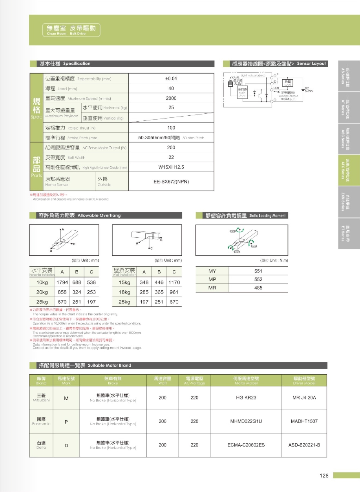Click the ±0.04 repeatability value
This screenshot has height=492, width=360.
tap(171, 78)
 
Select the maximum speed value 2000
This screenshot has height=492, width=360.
tap(171, 98)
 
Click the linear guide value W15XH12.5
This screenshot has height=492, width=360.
tap(171, 167)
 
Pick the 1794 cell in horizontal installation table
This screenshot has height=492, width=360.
tap(62, 282)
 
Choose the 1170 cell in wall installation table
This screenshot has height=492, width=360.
tap(174, 282)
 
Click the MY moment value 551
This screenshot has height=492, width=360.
tap(258, 271)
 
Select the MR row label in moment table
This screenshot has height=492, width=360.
tap(212, 288)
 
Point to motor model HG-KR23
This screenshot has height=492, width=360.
tap(246, 398)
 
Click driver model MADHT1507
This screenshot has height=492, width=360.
tap(304, 421)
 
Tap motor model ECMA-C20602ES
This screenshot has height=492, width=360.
tap(246, 445)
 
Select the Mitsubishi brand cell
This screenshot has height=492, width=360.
tap(41, 398)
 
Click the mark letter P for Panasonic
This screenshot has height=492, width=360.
tap(66, 421)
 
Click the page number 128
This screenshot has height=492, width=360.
tap(323, 476)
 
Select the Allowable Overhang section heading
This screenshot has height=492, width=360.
tap(79, 215)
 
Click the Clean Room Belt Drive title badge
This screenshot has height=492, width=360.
tap(71, 29)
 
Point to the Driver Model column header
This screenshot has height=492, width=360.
tap(304, 381)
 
